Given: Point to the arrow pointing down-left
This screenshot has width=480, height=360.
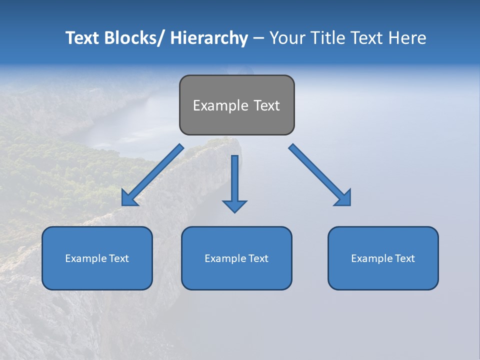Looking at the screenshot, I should tap(152, 175).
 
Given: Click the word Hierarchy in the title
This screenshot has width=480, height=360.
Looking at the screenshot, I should tap(209, 38).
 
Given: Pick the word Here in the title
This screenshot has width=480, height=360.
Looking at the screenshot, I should tap(408, 38).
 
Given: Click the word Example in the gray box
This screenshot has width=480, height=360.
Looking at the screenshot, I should tap(220, 105).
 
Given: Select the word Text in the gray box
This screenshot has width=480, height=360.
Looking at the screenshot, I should tap(266, 105).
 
